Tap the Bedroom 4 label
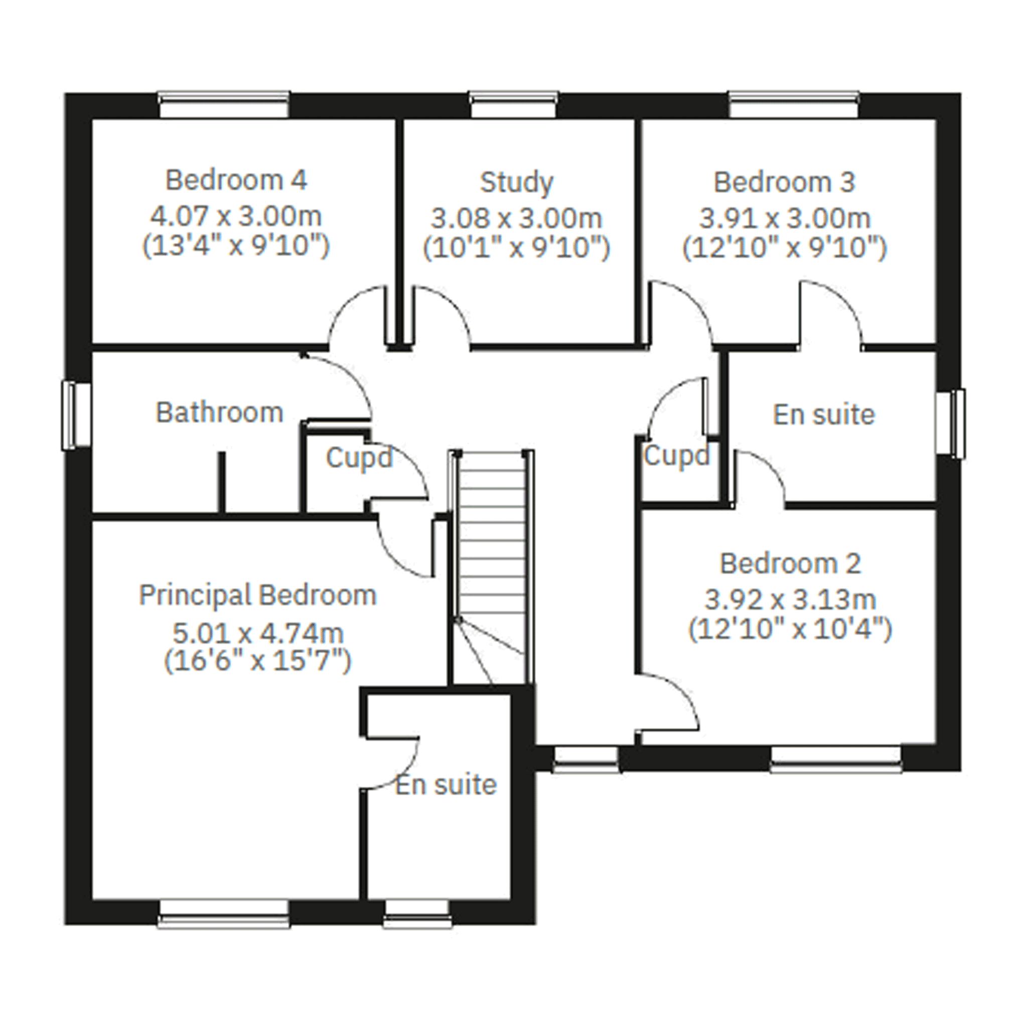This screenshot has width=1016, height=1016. pos(236,181)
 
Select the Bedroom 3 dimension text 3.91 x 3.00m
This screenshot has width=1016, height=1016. pos(785,218)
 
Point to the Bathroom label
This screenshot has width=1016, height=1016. pos(220,412)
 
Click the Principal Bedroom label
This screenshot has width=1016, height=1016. pos(258,597)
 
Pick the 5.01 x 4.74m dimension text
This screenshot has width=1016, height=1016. pos(258,633)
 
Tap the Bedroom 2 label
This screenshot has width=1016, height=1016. pos(790,564)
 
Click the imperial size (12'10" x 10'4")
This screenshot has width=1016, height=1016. pos(790,629)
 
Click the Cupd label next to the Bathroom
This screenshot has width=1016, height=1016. pos(359,458)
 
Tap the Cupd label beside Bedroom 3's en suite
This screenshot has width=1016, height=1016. pos(677,456)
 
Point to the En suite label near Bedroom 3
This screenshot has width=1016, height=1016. pos(823,415)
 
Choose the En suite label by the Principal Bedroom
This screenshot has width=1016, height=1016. pos(446,785)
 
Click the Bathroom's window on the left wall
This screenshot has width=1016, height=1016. pos(77,416)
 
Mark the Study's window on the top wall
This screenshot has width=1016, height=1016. pos(513,104)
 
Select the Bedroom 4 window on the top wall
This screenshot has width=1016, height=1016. pos(224,104)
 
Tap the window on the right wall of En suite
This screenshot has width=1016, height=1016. pos(951,423)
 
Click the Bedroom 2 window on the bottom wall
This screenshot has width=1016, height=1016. pos(836,760)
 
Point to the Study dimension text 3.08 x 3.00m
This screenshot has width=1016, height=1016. pos(516,218)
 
